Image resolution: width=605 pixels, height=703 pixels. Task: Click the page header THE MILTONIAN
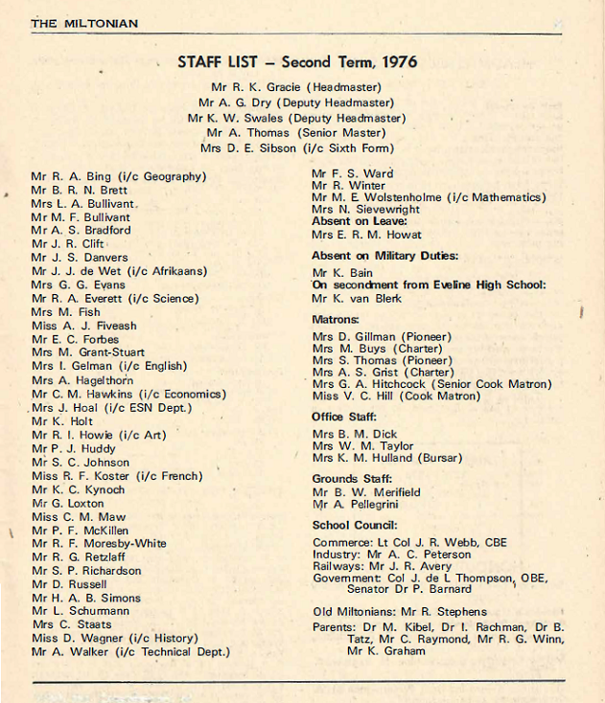84,23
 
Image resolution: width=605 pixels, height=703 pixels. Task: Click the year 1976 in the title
397,62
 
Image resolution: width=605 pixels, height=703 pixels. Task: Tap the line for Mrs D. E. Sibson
296,148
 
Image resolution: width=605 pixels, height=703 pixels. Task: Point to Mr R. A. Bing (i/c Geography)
118,176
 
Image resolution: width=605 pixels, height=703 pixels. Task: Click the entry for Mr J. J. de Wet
118,271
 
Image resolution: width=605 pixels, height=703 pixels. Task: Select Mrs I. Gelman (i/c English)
109,366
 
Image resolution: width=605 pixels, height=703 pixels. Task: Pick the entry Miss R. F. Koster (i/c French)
117,476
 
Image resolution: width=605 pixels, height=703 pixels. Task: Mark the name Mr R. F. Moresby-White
98,543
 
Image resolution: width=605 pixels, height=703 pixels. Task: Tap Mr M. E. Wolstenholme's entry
430,197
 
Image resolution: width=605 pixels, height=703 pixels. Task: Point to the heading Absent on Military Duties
384,256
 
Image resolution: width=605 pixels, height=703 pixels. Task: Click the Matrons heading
335,319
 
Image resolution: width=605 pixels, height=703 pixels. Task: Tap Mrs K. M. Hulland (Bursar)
386,458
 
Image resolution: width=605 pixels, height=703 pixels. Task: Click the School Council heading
355,525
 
